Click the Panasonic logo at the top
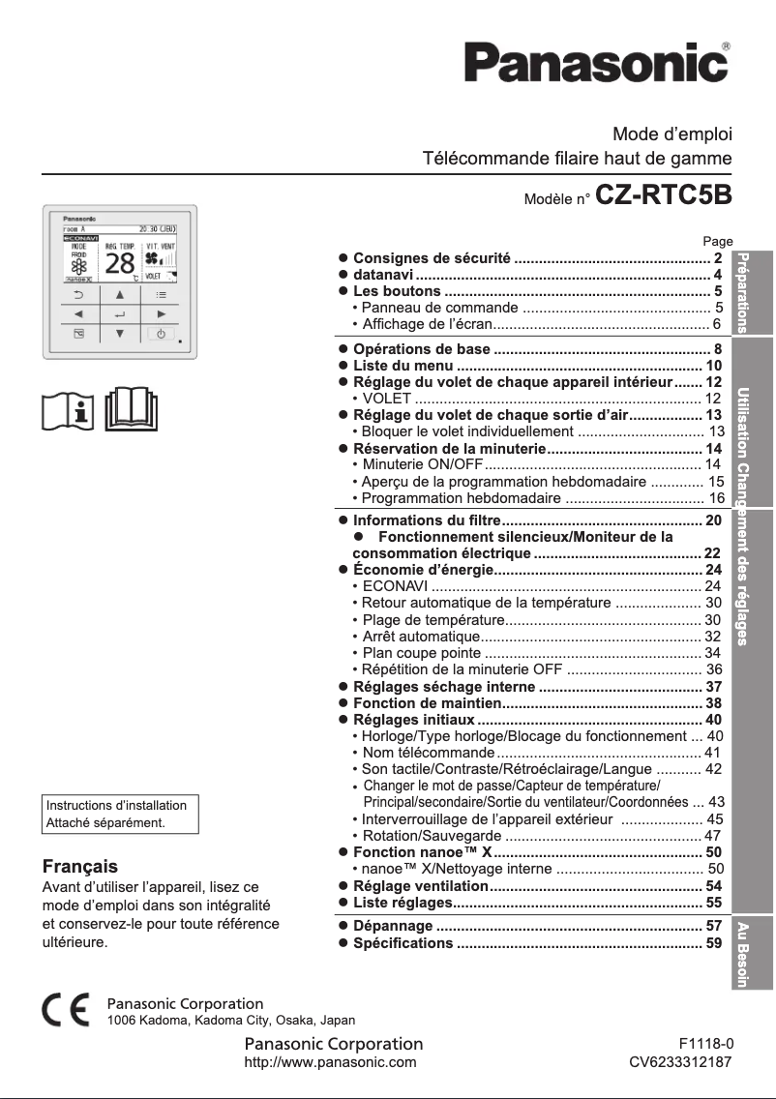[x=595, y=64]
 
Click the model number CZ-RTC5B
[x=664, y=195]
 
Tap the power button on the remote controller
[x=162, y=334]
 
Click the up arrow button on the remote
[x=120, y=294]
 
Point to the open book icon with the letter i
[x=71, y=410]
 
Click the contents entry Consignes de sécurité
[x=432, y=258]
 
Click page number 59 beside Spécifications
[x=714, y=942]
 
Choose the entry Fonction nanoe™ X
[x=422, y=852]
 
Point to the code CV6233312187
[x=680, y=1062]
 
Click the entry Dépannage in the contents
[x=393, y=926]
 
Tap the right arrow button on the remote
[x=162, y=314]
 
